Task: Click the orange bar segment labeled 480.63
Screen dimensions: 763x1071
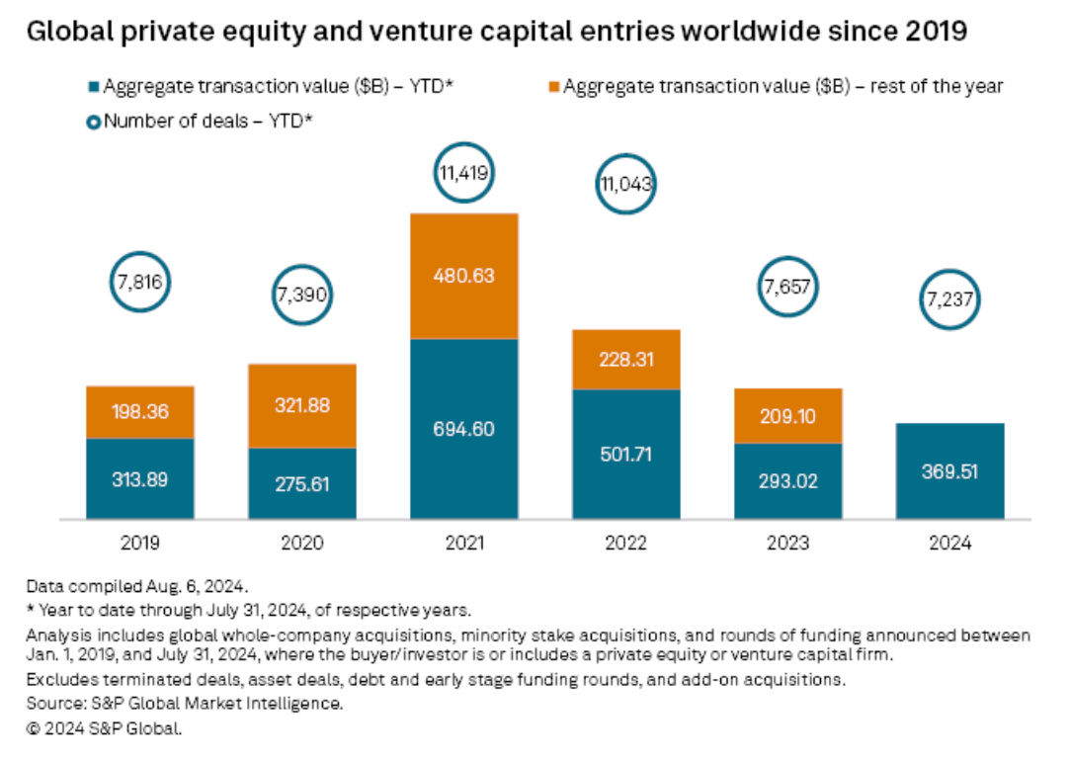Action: [463, 276]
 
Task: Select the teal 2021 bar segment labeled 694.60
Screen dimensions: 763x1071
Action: [463, 429]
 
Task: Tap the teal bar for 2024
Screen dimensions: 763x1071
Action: [950, 470]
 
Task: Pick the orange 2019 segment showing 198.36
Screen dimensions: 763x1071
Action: [139, 412]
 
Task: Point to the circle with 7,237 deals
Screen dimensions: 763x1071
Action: [950, 305]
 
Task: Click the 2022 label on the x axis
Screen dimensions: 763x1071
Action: [625, 544]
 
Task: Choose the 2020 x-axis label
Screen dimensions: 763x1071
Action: [301, 544]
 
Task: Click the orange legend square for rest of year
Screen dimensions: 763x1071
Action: [555, 87]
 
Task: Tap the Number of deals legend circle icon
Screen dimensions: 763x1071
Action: [94, 122]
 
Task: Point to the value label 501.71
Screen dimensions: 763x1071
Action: [625, 456]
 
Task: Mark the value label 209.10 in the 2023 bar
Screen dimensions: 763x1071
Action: [788, 417]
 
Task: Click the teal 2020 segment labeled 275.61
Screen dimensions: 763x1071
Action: [301, 484]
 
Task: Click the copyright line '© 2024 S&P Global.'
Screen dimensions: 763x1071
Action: [105, 729]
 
